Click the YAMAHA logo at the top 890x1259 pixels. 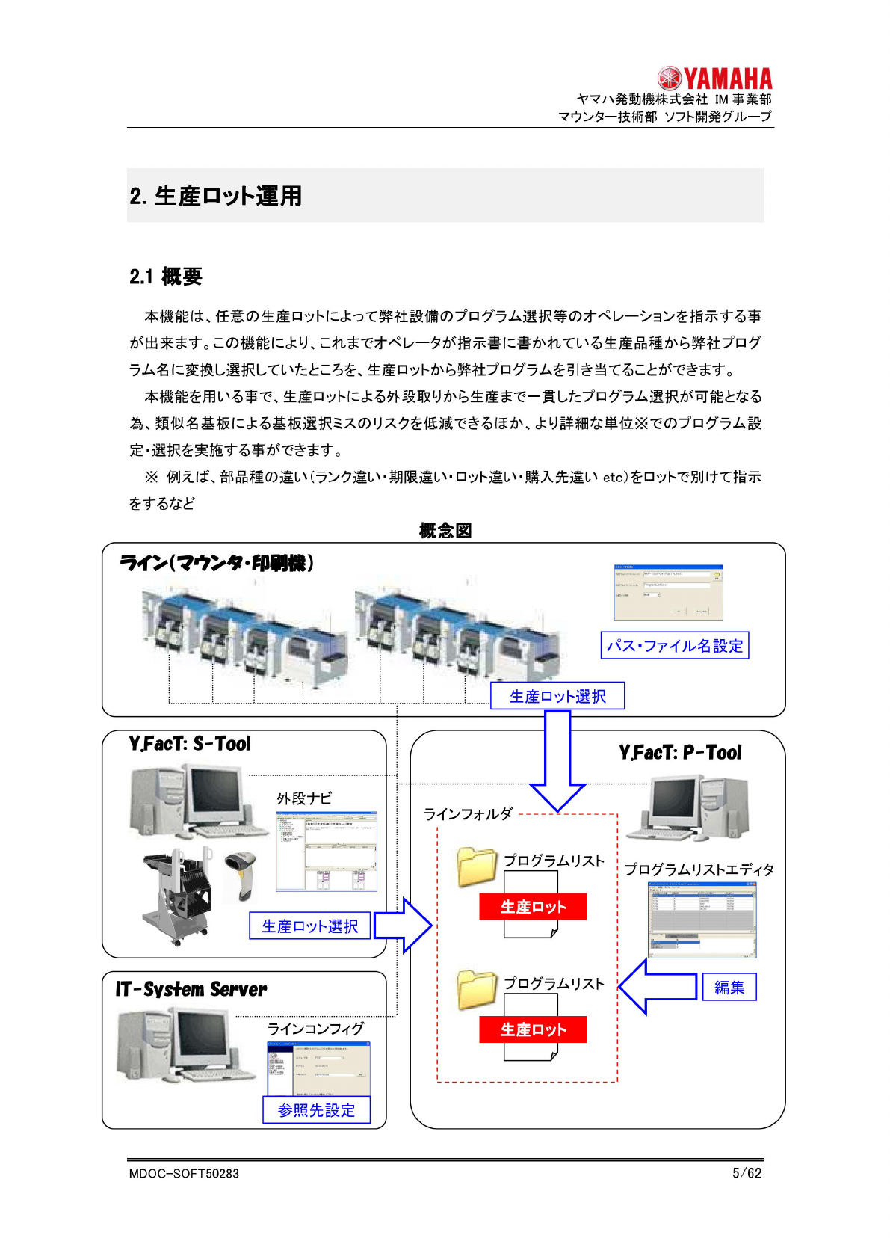pos(714,78)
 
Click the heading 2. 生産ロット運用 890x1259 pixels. pos(215,196)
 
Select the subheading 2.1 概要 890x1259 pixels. pos(166,277)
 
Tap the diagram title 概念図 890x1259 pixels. pos(445,531)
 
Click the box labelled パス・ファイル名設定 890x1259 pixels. pos(674,646)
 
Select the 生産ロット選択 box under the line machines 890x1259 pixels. pos(557,696)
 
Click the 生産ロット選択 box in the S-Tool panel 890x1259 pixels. pos(309,926)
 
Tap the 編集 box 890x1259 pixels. pos(729,988)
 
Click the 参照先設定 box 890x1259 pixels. pos(316,1110)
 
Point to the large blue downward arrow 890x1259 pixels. pos(557,759)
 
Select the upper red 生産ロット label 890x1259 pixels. pos(533,907)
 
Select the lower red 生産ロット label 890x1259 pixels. pos(533,1029)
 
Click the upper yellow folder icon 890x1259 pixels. pos(477,867)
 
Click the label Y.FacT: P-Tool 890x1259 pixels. pos(680,753)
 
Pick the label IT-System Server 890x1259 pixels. pos(191,990)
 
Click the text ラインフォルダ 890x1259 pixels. pos(468,813)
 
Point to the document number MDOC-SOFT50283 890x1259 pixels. pos(184,1174)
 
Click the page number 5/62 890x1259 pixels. pos(747,1173)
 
